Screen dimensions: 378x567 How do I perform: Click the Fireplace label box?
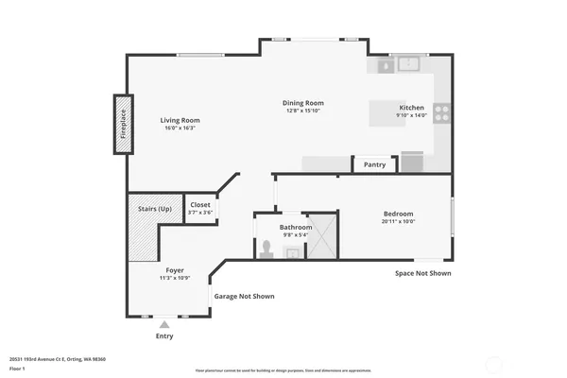click(x=122, y=124)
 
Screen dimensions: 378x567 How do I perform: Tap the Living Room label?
click(x=180, y=120)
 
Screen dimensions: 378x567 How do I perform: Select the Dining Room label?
click(x=303, y=103)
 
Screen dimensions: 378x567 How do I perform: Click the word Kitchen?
click(x=412, y=108)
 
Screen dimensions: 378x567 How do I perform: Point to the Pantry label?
click(x=375, y=164)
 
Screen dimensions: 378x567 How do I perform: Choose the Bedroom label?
click(x=398, y=214)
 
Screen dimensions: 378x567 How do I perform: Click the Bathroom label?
click(x=296, y=228)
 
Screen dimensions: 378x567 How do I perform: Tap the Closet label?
click(x=200, y=204)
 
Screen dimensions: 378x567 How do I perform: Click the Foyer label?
click(x=175, y=269)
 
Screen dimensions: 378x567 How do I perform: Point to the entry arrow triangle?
click(x=164, y=324)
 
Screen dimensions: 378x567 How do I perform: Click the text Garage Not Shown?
click(x=244, y=296)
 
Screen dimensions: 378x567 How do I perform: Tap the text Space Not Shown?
click(x=422, y=273)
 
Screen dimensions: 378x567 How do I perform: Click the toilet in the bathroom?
click(x=268, y=249)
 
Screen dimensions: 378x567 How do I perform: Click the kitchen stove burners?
click(x=440, y=114)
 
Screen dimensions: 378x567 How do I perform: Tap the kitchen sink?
click(x=409, y=65)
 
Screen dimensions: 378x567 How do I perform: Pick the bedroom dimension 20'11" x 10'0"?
click(x=398, y=222)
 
